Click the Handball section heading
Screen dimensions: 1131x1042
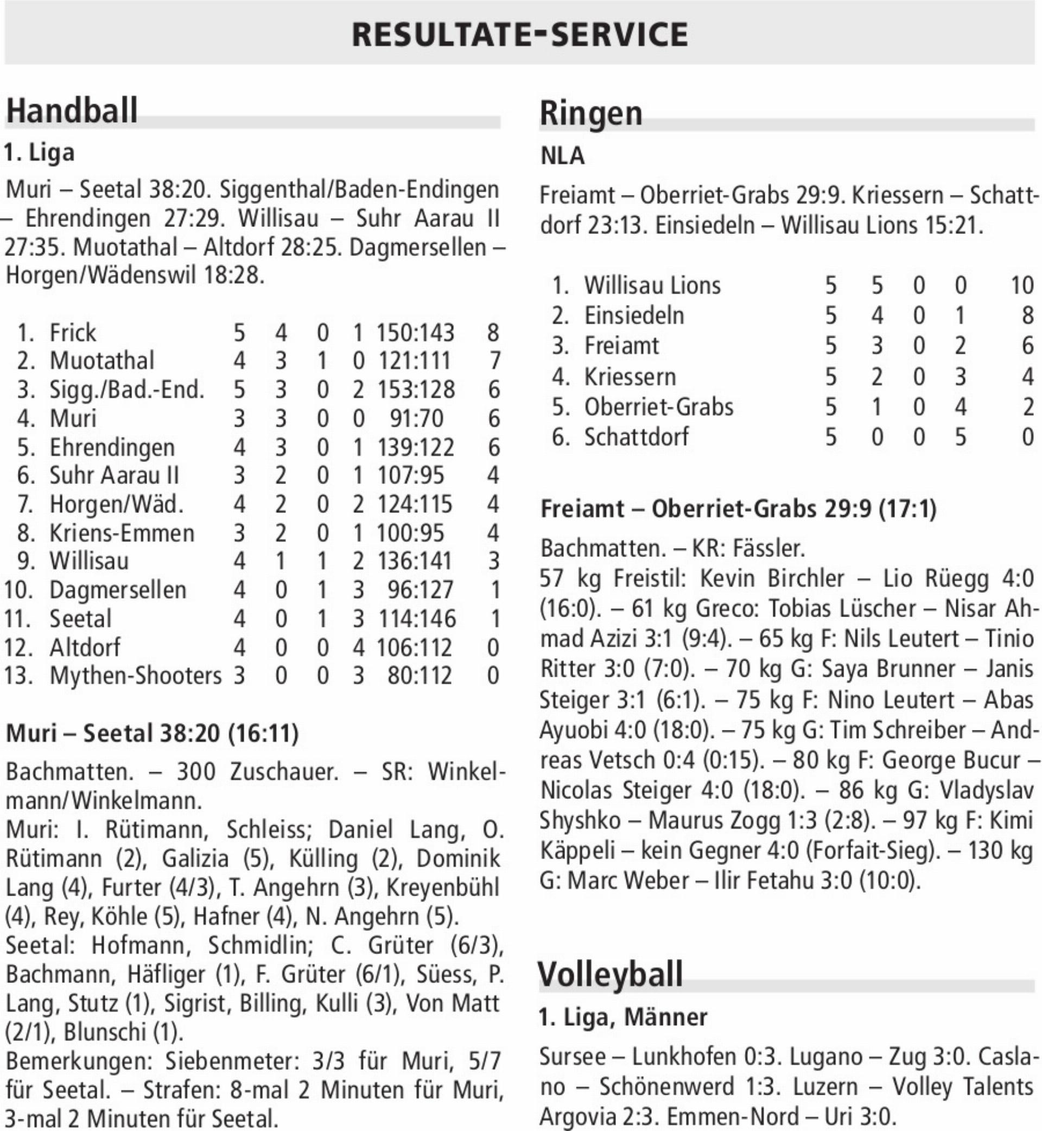pos(72,111)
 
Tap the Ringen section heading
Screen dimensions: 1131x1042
pos(591,113)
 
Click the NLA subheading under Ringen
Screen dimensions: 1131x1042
pos(562,156)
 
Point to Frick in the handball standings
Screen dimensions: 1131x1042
pos(73,333)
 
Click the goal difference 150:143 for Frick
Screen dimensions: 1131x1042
pos(415,333)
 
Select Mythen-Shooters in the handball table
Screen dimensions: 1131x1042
pos(135,676)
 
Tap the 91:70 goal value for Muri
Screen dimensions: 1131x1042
pos(416,418)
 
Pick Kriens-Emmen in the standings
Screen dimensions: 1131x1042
pos(122,533)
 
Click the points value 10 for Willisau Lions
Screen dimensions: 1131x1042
pos(1022,285)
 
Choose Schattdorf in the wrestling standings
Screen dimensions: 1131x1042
pos(636,437)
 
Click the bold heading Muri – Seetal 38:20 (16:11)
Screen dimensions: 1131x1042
pos(153,733)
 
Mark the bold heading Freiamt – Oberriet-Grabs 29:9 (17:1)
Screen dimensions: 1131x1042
pos(738,509)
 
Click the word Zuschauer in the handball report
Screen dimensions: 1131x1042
pos(284,771)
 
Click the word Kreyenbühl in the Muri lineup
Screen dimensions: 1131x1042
pos(443,887)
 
